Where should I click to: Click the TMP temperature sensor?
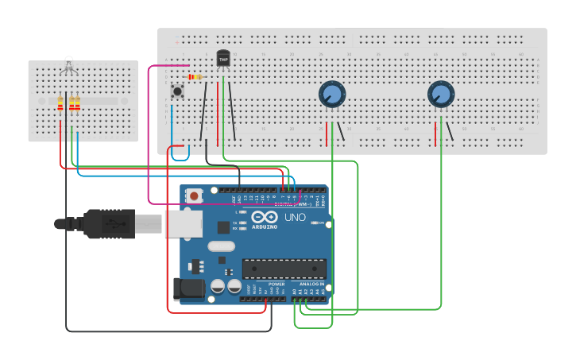[223, 58]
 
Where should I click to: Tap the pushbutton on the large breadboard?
[177, 91]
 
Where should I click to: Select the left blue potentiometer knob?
[332, 95]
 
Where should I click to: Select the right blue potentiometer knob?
[440, 95]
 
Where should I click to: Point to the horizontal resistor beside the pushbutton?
[193, 77]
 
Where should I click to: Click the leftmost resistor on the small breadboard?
[60, 104]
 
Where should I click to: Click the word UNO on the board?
[295, 217]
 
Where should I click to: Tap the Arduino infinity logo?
[264, 216]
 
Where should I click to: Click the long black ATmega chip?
[284, 269]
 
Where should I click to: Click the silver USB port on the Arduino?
[183, 223]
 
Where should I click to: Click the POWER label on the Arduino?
[276, 284]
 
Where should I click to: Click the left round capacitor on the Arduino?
[217, 286]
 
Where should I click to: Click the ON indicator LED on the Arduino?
[315, 223]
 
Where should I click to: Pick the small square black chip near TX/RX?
[223, 227]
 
